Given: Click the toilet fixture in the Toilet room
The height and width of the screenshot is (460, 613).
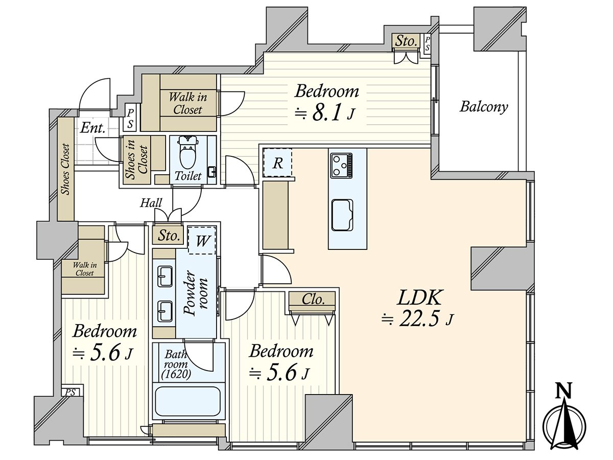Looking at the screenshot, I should [188, 153].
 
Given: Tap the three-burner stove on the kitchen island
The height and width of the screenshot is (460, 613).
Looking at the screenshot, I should [341, 165].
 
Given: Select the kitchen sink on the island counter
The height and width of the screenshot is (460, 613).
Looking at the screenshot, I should [341, 215].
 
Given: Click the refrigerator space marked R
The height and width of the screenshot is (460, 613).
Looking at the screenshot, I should [277, 163].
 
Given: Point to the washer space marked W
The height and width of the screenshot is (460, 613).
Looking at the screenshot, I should [202, 240].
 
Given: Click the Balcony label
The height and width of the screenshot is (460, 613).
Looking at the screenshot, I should [484, 107].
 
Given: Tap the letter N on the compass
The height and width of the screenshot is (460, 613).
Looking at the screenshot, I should [564, 391].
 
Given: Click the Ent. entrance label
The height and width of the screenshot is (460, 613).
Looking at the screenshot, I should [93, 128].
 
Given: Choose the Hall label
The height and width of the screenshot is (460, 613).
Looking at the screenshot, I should [151, 203].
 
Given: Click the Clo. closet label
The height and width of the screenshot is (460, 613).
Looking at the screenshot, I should [313, 300].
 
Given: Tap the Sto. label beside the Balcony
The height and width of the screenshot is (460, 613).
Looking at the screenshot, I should [407, 41].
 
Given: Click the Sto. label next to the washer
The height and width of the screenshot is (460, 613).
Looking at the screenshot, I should [169, 236].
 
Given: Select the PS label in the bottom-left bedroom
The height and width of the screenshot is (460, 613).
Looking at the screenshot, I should [70, 392].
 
